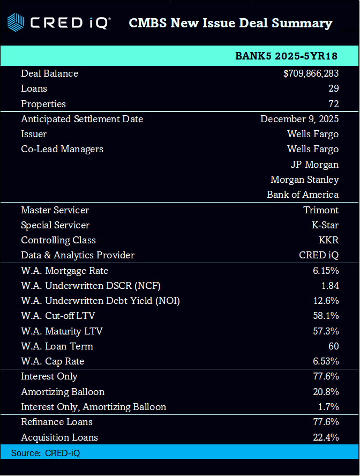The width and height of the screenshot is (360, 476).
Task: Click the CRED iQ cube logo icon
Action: pos(16,23)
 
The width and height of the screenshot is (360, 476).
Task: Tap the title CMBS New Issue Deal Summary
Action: pos(230,23)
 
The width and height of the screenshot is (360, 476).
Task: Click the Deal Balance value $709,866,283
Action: pos(311,73)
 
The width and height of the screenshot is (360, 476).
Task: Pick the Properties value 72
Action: pos(333,104)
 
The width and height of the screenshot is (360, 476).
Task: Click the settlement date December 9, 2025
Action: pos(299,119)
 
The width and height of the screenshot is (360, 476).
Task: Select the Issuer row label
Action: pos(34,134)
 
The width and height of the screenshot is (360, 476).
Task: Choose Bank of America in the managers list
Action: pos(303,195)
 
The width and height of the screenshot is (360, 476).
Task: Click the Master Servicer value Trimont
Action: pos(321,210)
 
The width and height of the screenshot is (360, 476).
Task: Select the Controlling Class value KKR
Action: pos(328,240)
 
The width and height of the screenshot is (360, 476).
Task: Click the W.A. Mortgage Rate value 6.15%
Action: pos(326,271)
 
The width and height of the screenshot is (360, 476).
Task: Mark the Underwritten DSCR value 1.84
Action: pos(329,286)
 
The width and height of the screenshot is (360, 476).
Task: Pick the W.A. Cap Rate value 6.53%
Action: pos(326,361)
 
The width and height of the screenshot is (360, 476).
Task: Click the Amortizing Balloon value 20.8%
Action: pos(326,392)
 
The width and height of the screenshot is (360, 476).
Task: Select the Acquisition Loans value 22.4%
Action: pos(326,437)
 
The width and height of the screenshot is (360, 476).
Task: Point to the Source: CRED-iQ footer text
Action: pos(46,453)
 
